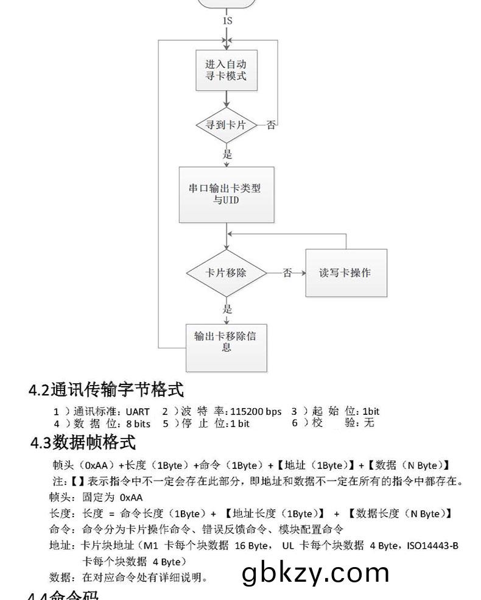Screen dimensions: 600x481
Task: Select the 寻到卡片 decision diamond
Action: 227,125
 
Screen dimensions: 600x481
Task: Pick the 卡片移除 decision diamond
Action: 226,273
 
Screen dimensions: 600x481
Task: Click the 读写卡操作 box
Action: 345,273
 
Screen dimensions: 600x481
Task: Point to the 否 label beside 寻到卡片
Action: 272,125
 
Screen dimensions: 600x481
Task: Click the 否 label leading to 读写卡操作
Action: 287,273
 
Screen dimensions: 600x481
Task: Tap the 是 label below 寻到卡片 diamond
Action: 227,154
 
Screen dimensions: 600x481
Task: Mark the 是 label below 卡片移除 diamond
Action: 227,308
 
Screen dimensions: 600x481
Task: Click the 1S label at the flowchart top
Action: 227,21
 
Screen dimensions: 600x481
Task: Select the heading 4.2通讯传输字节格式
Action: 107,389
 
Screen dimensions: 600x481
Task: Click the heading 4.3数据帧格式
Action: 83,442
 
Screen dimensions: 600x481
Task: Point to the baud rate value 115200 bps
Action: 256,411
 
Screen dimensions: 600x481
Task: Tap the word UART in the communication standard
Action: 137,411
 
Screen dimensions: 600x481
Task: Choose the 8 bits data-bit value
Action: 138,423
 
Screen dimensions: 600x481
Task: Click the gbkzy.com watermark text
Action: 315,573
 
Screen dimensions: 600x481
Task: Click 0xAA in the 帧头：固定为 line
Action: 132,497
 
